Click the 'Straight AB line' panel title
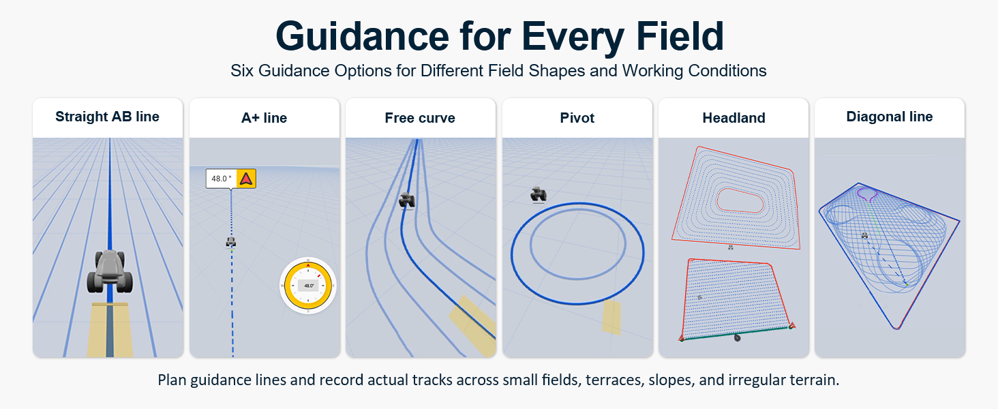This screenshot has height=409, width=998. coord(108,117)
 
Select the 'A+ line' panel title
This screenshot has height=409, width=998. coord(264,118)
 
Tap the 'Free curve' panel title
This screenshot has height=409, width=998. coord(420,118)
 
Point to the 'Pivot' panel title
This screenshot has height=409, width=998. coord(577,118)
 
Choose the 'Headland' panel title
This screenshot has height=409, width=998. coord(734,118)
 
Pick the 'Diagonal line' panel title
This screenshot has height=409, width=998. coord(890,117)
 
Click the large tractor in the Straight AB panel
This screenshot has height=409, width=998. coord(110,271)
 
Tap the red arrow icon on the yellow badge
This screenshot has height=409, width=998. coord(246,179)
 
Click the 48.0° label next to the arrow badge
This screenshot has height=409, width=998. coord(222,179)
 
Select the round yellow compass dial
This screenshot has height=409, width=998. coord(308,286)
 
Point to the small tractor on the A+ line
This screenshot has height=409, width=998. coord(231,242)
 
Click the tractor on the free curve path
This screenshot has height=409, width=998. coord(407,200)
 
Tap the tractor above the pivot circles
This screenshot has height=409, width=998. coord(539,195)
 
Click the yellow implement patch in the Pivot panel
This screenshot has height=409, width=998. coord(611,317)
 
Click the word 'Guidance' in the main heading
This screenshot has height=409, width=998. coord(362,37)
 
